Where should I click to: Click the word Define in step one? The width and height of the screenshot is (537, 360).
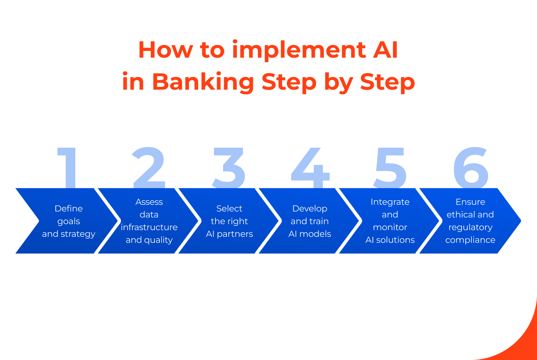point(69,209)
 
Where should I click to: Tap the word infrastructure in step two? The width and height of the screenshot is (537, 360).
point(149,227)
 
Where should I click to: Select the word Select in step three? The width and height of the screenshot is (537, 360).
point(229,209)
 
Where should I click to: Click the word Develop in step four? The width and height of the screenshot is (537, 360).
point(310,209)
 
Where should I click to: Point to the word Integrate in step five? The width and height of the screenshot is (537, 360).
point(390,202)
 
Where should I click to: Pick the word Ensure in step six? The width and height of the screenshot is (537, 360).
point(470,202)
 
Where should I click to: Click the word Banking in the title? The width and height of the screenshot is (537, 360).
point(203,82)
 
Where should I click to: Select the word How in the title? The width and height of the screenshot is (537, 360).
point(165,50)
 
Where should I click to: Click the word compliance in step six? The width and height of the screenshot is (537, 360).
point(470,240)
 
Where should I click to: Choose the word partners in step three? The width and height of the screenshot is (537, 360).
point(235,234)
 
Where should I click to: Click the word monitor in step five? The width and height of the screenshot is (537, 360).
point(390,227)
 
